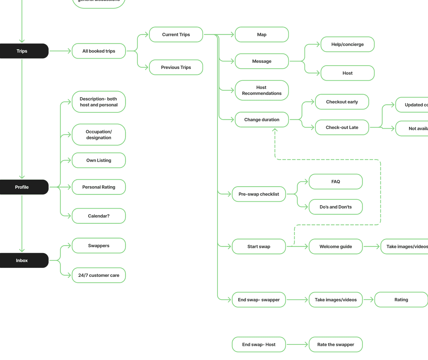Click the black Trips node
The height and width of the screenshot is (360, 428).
(22, 51)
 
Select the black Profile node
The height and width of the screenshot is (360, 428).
(22, 187)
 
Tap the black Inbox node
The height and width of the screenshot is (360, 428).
(22, 260)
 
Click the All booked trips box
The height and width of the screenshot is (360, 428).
(99, 51)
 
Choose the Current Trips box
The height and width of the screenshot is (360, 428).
(176, 34)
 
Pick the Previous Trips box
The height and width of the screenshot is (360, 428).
(176, 67)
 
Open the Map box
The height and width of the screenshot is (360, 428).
(262, 34)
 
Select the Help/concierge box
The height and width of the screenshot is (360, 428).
(347, 44)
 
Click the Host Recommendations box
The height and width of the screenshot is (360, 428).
(262, 90)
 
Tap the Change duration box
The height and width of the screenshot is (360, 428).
(262, 120)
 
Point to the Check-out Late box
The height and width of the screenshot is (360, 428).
(342, 128)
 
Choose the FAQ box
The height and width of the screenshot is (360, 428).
(336, 182)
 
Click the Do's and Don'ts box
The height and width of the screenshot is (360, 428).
(336, 207)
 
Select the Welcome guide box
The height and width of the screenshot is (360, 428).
(336, 247)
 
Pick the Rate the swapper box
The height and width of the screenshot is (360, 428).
(336, 344)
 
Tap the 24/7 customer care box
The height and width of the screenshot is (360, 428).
(99, 275)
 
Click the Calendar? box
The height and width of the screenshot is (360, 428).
(99, 216)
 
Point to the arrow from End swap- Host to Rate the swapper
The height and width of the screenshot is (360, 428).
(297, 344)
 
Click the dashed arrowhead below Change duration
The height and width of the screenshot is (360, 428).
(275, 130)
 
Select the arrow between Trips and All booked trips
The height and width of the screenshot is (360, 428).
(60, 51)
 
